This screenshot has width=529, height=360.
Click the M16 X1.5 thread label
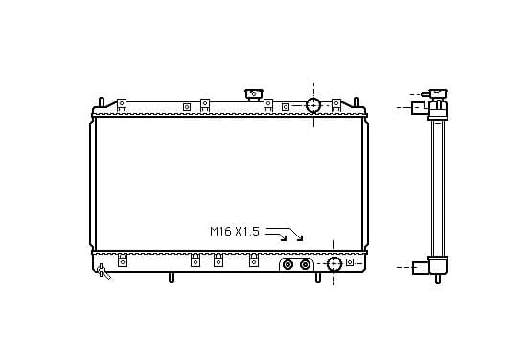tap(235, 232)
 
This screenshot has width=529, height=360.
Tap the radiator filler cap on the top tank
tap(254, 94)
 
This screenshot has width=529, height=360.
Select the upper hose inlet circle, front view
tap(313, 105)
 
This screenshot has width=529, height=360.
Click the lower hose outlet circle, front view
tap(334, 264)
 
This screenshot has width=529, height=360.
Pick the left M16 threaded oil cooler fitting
tap(287, 264)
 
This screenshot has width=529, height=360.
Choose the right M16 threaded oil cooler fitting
tap(305, 264)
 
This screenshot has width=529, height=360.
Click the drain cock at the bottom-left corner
tap(103, 271)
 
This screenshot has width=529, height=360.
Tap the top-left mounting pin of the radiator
tap(102, 102)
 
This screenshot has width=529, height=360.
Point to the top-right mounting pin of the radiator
tap(356, 102)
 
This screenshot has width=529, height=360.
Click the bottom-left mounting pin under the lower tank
tap(172, 278)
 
